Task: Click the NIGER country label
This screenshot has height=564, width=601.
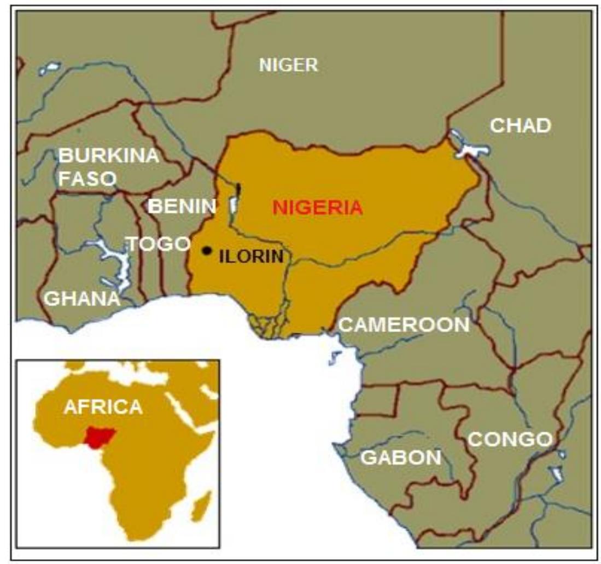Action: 288,65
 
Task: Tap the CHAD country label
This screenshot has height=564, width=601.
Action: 520,125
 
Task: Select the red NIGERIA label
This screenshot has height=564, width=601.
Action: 318,207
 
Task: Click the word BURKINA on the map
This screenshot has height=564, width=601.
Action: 108,155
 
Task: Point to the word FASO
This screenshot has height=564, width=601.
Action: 87,178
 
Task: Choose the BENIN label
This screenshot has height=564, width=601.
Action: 183,206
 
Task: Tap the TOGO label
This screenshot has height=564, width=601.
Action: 158,244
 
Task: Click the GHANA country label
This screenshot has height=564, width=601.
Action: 82,298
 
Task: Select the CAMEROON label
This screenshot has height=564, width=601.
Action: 404,324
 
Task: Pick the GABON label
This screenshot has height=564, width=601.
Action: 401,457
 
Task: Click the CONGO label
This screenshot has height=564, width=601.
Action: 510,439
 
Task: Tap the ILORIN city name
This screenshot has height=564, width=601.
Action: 251,256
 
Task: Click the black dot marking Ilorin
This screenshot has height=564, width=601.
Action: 207,251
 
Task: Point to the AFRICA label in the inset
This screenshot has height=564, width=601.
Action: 103,406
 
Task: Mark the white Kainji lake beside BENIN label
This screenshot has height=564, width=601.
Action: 234,204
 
